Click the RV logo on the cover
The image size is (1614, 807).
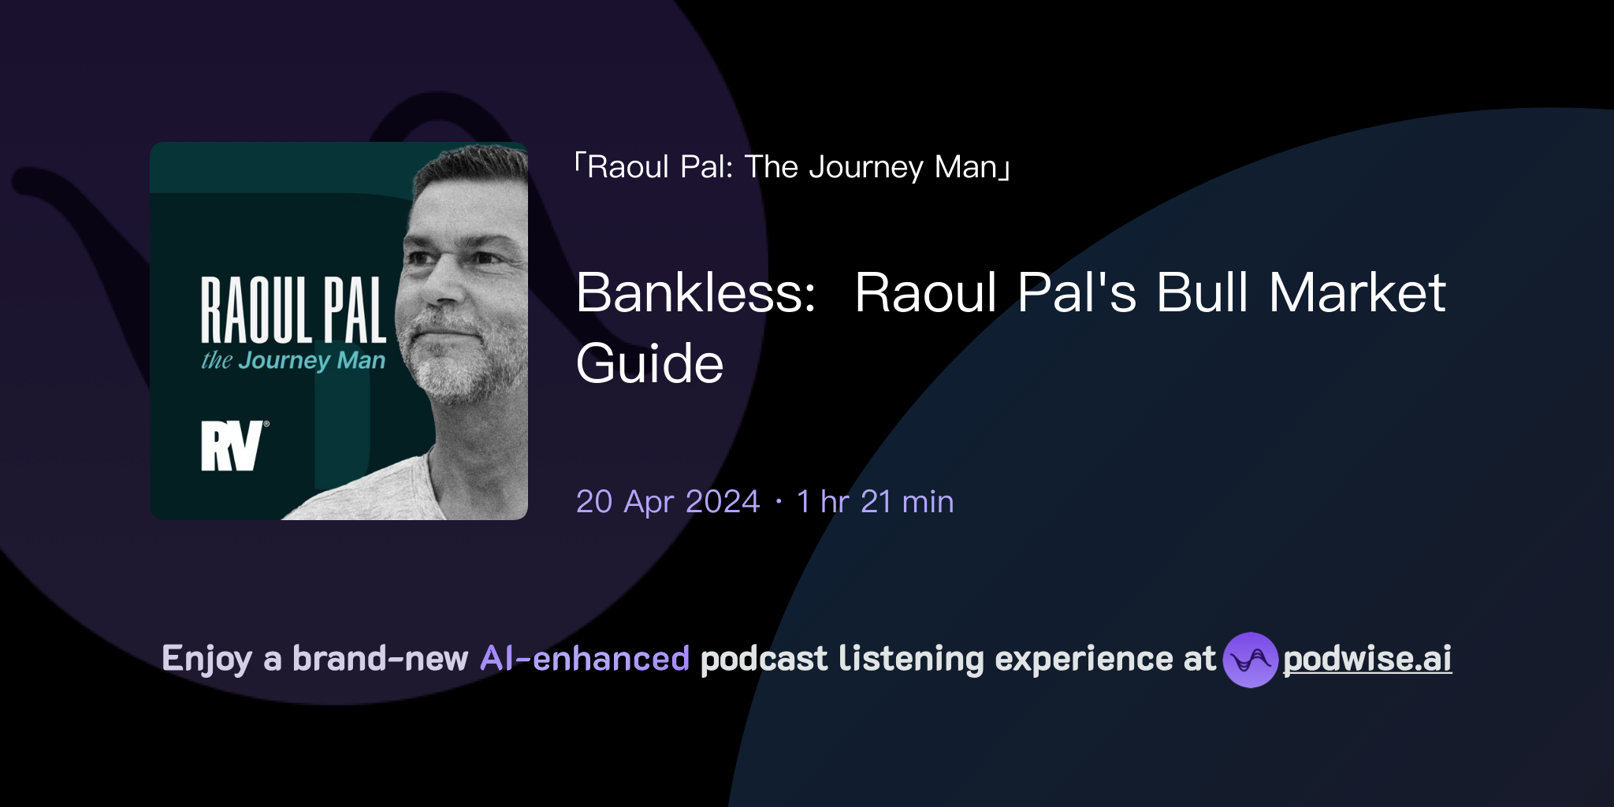point(232,446)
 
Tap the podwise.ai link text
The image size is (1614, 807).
point(1367,660)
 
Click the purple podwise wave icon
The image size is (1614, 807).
point(1250,660)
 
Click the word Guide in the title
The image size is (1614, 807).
point(649,364)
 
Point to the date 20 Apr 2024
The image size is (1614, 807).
point(668,502)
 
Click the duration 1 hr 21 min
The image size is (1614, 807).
point(875,502)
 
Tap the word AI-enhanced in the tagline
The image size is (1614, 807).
point(585,659)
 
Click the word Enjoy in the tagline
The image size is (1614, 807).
point(206,659)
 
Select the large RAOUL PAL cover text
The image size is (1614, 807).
point(293,311)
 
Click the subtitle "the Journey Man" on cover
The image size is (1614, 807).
point(293,361)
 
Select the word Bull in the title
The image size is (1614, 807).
point(1203,293)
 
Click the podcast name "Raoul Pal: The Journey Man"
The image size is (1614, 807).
point(792,167)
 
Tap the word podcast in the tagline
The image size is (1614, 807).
point(764,659)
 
